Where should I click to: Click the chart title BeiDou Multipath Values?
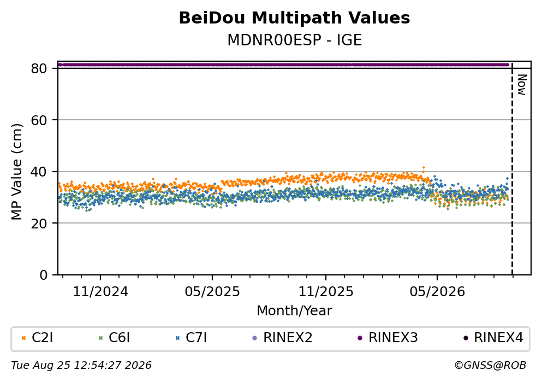click(294, 18)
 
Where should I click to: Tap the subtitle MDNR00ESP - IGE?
click(294, 40)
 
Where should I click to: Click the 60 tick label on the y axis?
click(39, 120)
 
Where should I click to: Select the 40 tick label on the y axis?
click(39, 172)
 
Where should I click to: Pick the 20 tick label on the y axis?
click(39, 223)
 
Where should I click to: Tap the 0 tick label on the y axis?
click(43, 275)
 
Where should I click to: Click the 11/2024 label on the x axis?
click(100, 292)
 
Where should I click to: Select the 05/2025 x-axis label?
click(212, 292)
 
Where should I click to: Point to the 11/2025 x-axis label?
click(326, 292)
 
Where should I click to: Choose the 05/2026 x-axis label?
click(437, 292)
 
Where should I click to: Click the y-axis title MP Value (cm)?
click(16, 172)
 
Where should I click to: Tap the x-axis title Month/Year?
click(294, 311)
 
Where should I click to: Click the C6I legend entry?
click(114, 338)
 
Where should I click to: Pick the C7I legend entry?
click(191, 338)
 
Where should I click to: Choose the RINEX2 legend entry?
click(282, 338)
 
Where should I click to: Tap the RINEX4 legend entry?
click(493, 338)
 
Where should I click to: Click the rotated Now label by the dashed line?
click(522, 85)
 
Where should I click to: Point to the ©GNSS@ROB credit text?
click(490, 366)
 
